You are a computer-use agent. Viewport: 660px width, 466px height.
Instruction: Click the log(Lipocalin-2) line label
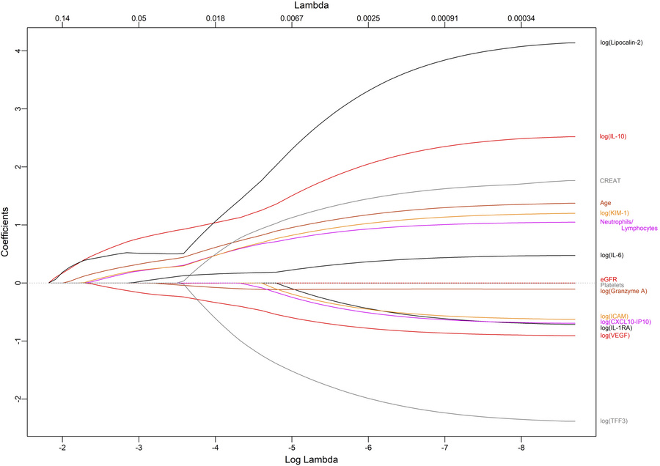click(x=621, y=42)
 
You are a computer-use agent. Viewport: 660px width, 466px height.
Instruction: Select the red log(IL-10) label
click(x=613, y=136)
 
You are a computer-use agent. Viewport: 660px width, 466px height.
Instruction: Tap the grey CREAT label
click(x=610, y=180)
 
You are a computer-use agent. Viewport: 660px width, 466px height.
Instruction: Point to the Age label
click(x=606, y=203)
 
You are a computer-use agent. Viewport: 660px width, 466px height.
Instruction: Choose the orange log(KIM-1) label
click(x=615, y=212)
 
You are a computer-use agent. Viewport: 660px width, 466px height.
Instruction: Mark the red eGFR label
click(x=608, y=279)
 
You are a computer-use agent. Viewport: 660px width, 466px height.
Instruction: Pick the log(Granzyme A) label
click(x=623, y=291)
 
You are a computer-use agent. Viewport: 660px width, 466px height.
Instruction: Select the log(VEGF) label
click(x=615, y=336)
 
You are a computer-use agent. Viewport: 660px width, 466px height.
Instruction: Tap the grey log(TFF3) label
click(x=614, y=421)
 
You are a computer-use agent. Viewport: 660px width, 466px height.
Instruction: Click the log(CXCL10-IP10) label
click(x=626, y=322)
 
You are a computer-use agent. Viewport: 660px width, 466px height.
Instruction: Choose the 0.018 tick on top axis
click(x=215, y=18)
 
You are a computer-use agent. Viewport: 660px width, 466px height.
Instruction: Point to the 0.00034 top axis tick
click(x=521, y=18)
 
